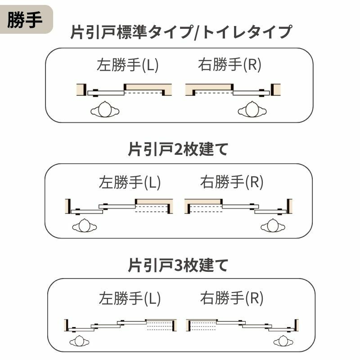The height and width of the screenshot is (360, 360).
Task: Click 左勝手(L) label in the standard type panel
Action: tap(128, 66)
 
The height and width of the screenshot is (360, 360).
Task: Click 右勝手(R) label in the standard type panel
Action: tap(229, 66)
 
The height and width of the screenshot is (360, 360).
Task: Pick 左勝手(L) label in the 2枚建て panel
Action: tap(130, 182)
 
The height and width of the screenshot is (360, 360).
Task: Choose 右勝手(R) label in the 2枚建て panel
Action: tap(231, 182)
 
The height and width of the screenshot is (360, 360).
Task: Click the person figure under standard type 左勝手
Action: tap(105, 109)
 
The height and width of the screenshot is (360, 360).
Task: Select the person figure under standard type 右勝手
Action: tap(252, 109)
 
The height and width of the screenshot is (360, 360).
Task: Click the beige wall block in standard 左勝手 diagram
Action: tap(148, 87)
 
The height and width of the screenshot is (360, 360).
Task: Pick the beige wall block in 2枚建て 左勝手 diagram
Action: tap(153, 201)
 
